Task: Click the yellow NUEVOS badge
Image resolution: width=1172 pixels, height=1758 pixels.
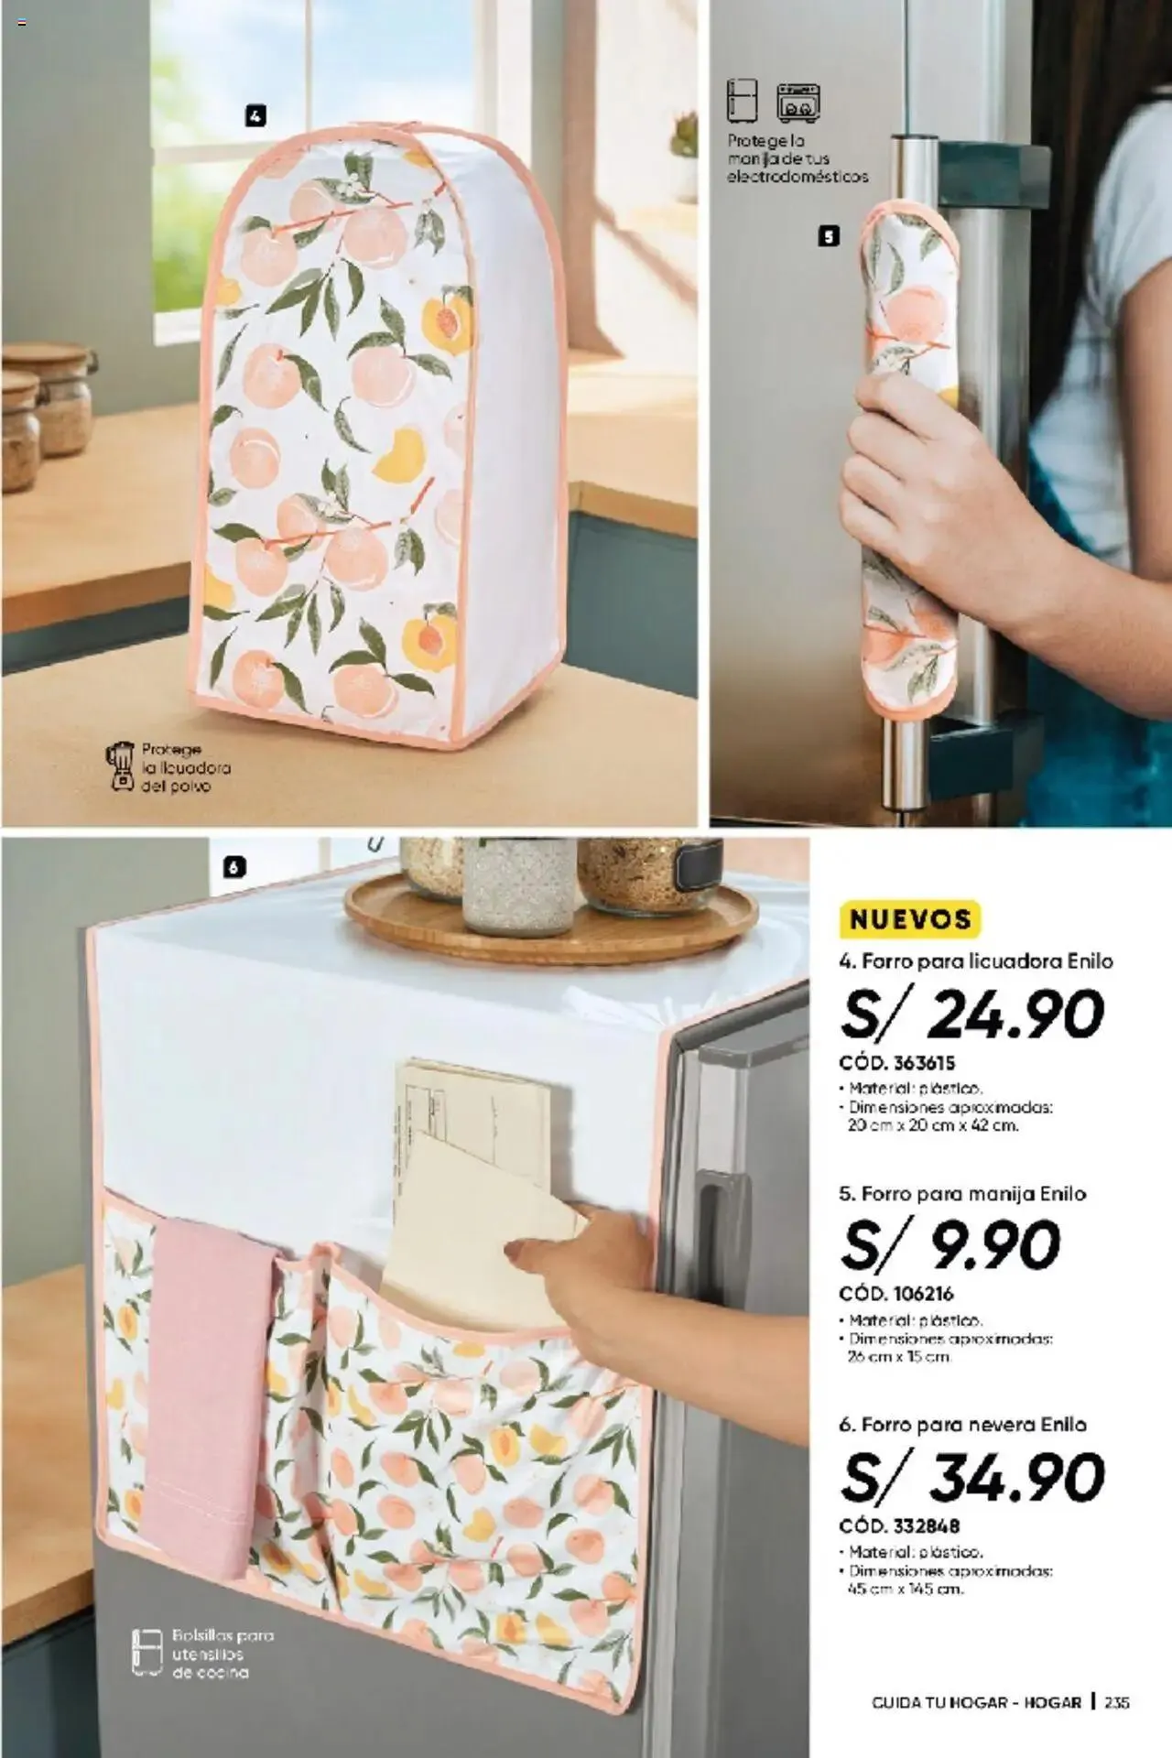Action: point(909,919)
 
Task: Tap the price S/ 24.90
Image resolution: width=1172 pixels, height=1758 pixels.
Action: point(972,1014)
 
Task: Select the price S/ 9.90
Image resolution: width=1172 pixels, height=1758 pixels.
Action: point(950,1245)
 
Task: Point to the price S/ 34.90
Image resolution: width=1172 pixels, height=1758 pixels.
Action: point(972,1477)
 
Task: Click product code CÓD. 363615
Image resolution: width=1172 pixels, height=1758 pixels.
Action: point(896,1063)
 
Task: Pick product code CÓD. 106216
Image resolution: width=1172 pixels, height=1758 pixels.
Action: point(896,1294)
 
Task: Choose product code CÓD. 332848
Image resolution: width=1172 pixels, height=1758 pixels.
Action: point(898,1525)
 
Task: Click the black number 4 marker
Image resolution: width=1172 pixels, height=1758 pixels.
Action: point(255,116)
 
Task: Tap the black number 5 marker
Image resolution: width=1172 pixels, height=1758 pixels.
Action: point(828,237)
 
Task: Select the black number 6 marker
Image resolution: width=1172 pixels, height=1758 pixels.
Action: point(234,866)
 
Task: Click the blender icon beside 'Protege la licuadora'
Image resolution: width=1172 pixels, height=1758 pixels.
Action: point(120,767)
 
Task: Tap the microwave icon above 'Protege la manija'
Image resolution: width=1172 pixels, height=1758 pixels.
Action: point(798,103)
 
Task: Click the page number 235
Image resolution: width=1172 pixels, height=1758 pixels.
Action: point(1117,1702)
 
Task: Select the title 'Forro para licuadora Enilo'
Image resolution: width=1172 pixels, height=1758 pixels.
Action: point(976,961)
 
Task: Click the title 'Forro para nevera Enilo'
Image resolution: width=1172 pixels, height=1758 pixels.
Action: point(963,1425)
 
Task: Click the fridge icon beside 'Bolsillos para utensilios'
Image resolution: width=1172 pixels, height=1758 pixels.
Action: point(146,1653)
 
